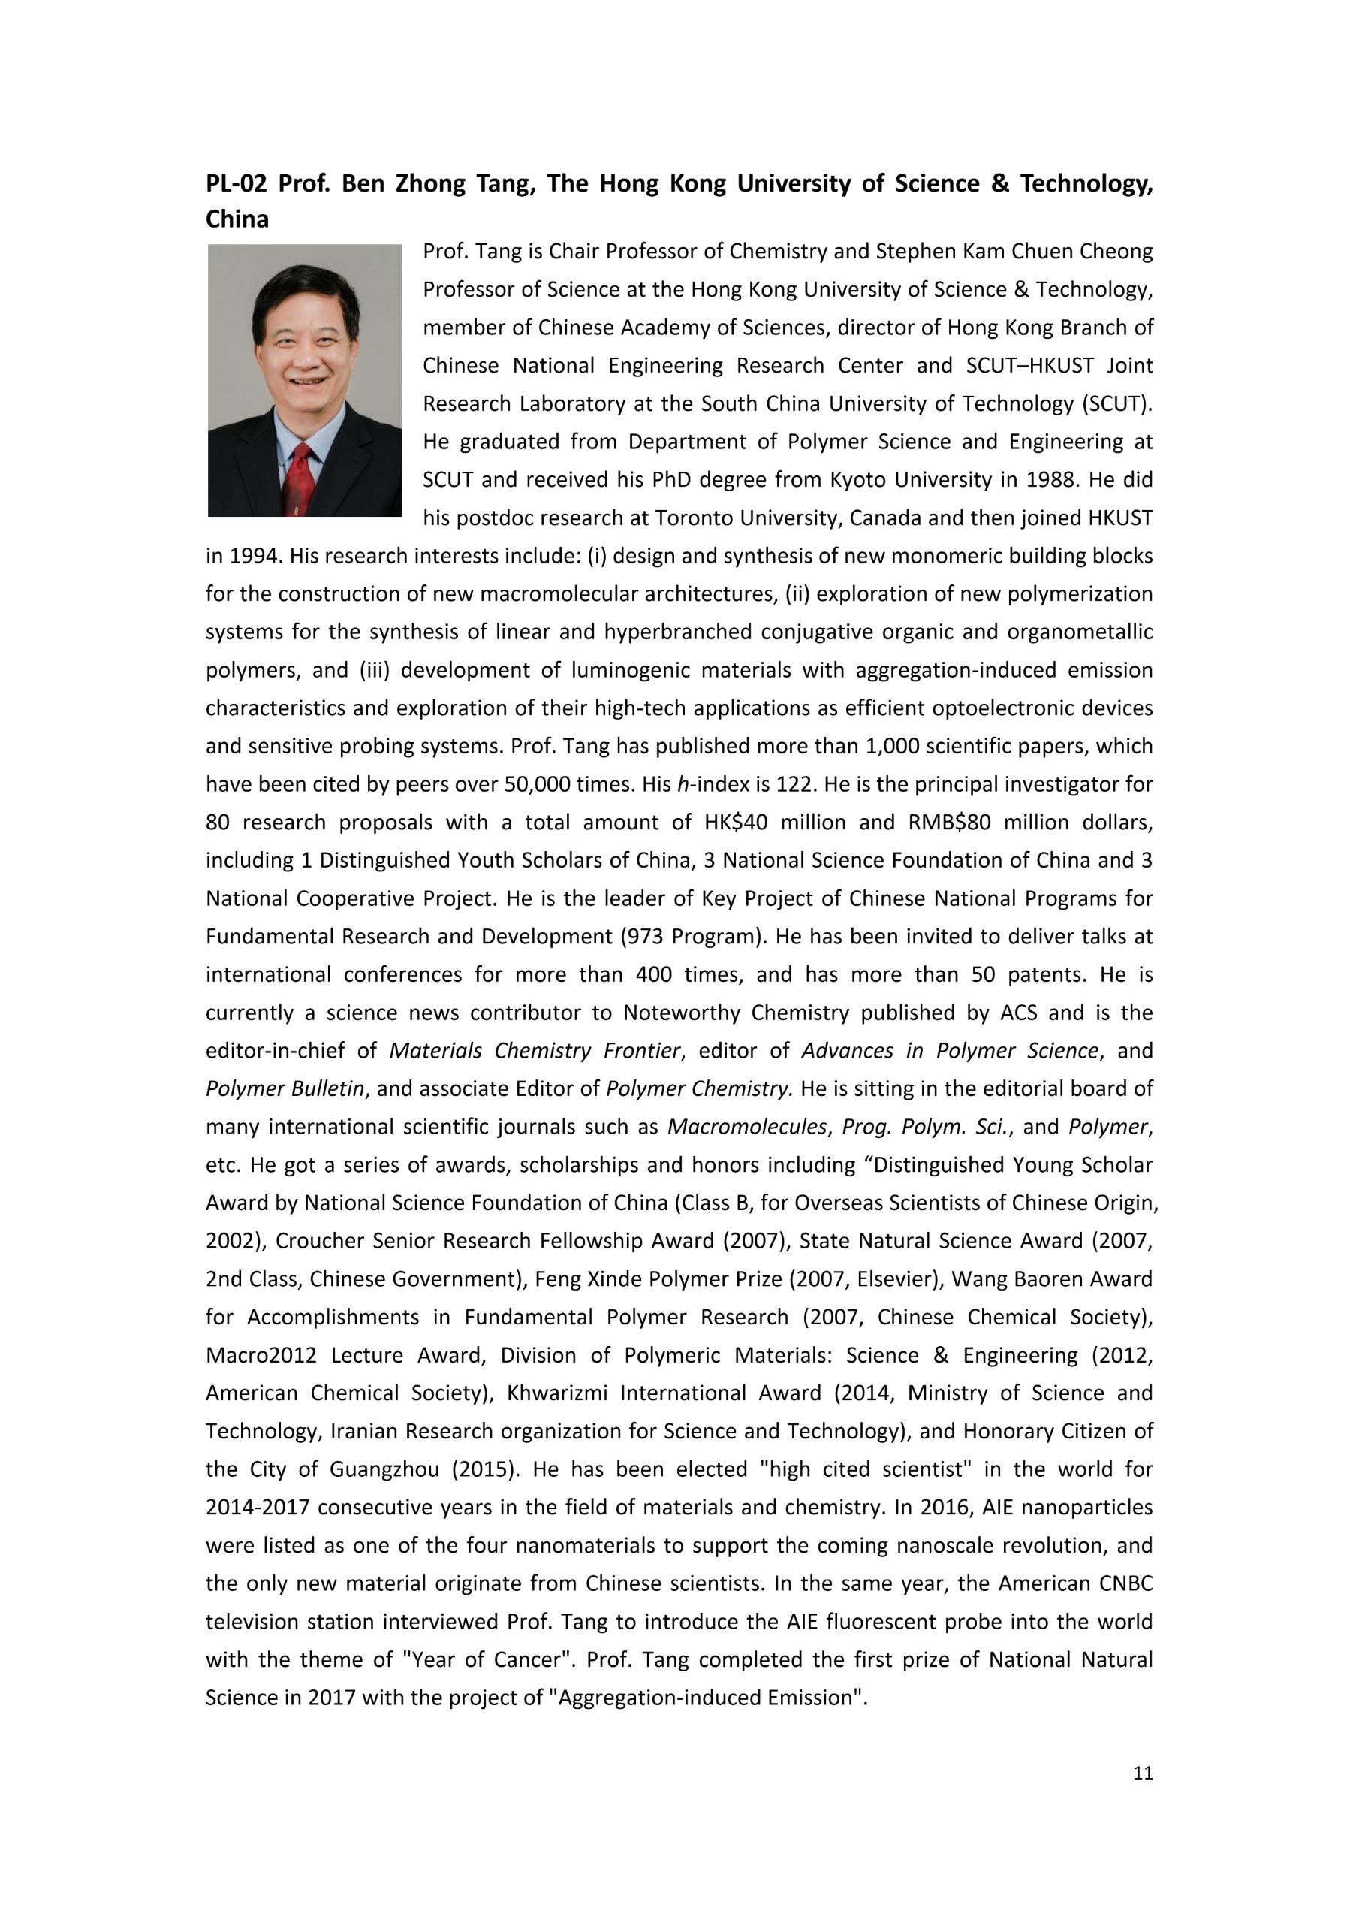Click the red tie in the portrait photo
click(x=300, y=478)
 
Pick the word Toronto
click(x=693, y=518)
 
